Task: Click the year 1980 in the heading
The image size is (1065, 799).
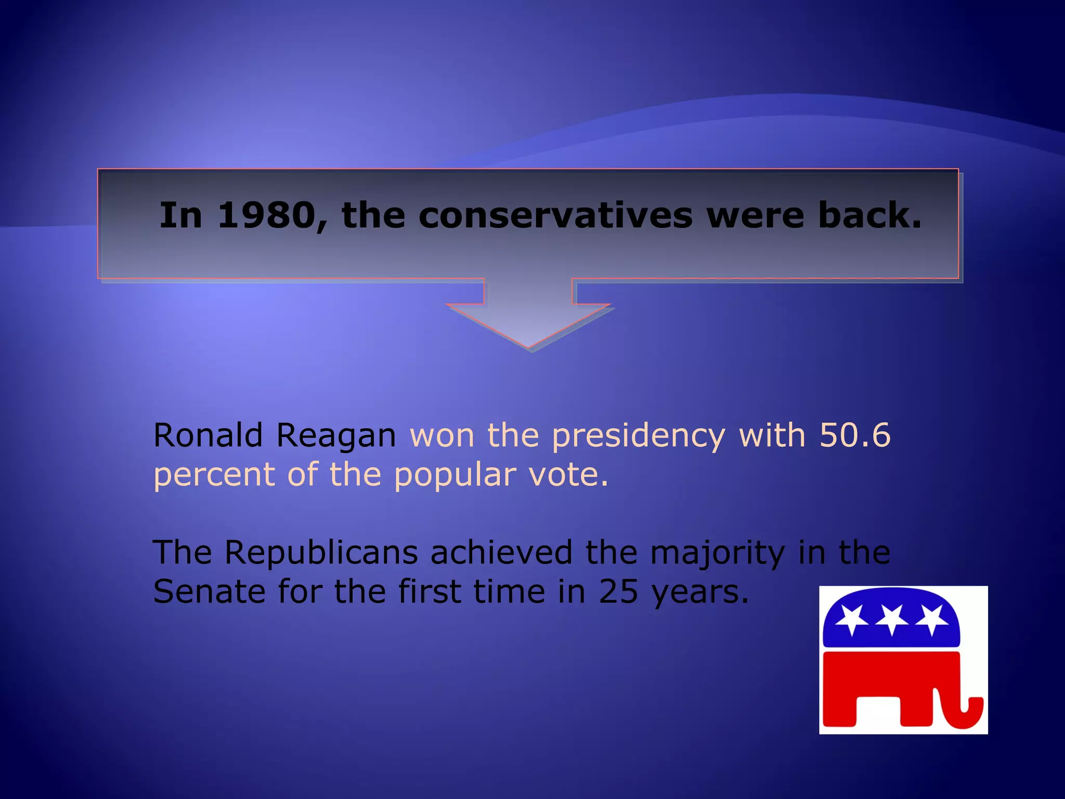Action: click(266, 216)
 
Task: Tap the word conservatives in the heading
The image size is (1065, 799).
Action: click(555, 216)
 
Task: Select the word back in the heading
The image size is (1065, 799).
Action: click(869, 216)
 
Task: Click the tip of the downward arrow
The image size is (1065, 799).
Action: click(528, 345)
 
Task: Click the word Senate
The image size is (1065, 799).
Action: click(209, 592)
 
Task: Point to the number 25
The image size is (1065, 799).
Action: click(618, 592)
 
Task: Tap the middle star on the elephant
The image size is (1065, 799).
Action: click(892, 620)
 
